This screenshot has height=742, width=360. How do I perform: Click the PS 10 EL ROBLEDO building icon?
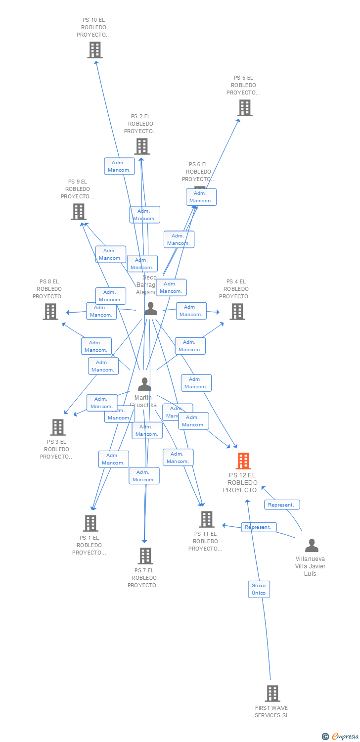click(x=94, y=50)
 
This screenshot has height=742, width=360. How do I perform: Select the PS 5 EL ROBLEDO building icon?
click(x=244, y=108)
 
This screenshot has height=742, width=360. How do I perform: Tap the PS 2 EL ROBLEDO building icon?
click(x=142, y=146)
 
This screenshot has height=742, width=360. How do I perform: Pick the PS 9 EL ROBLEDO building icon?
click(x=78, y=212)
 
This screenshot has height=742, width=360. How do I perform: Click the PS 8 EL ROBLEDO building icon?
click(x=50, y=312)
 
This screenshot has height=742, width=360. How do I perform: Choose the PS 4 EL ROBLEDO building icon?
click(x=237, y=312)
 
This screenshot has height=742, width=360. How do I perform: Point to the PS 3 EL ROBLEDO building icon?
click(x=58, y=427)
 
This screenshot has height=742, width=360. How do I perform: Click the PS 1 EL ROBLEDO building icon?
click(x=90, y=523)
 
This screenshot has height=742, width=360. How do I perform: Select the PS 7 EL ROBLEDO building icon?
click(x=145, y=556)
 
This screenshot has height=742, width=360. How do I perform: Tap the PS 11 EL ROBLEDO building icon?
click(x=206, y=519)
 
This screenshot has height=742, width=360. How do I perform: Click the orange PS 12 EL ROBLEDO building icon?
click(x=243, y=461)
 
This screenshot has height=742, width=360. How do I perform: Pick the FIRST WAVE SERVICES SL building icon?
click(x=272, y=694)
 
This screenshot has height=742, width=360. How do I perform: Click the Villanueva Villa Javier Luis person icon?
click(x=312, y=546)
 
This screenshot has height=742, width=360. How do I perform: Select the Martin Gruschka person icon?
click(x=144, y=384)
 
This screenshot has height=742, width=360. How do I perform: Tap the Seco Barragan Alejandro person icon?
click(x=150, y=309)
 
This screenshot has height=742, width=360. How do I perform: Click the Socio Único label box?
click(x=259, y=589)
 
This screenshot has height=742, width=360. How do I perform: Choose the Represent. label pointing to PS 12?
click(x=282, y=505)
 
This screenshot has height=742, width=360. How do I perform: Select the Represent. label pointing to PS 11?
click(x=259, y=527)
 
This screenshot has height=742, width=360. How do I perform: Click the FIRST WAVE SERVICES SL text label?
click(x=271, y=712)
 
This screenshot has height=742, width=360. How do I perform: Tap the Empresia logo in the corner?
click(x=341, y=737)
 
